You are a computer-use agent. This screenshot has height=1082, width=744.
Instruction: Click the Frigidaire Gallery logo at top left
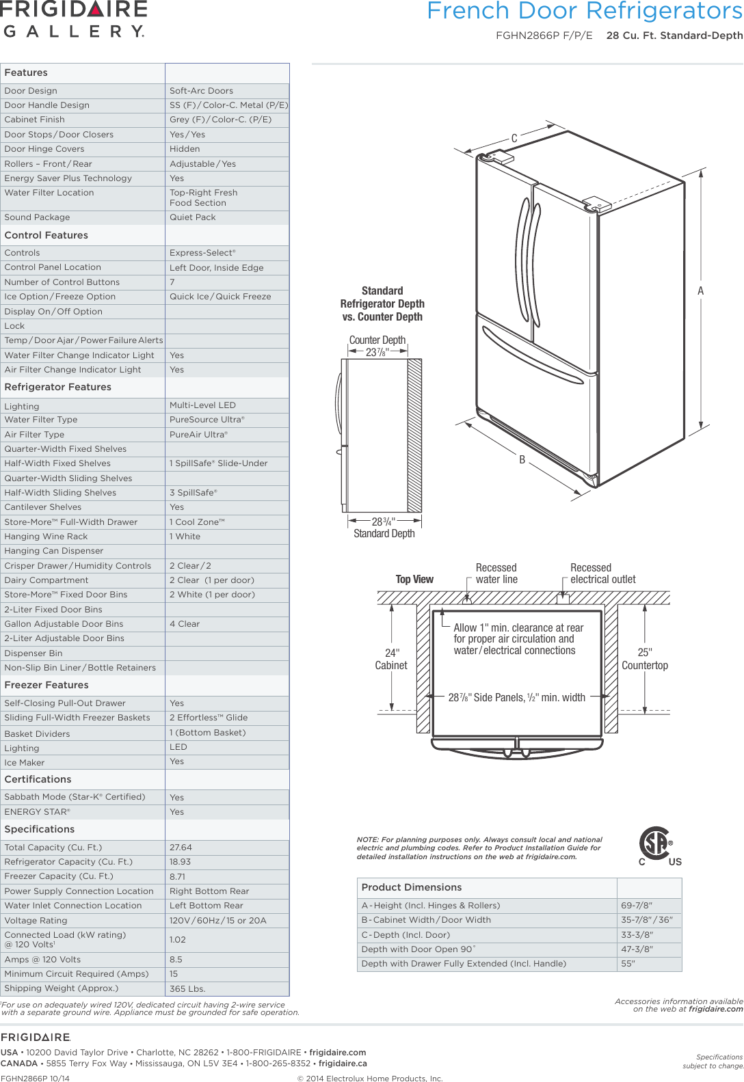74,19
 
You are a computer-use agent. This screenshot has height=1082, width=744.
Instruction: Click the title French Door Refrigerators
584,11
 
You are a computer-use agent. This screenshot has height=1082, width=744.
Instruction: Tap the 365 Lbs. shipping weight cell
187,988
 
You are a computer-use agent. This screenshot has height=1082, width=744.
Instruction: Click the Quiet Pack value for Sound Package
193,217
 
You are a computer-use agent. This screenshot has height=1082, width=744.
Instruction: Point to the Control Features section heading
46,235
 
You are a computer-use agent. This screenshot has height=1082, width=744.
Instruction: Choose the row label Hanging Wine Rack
46,537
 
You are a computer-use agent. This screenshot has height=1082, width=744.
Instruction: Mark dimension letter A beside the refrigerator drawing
700,291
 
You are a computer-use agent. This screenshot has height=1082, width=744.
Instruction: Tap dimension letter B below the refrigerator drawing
522,460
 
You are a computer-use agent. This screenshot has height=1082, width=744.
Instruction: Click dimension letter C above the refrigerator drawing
514,139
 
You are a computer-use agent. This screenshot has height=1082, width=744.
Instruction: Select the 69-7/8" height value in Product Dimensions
637,905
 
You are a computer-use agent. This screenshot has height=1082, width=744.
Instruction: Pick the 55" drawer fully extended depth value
628,964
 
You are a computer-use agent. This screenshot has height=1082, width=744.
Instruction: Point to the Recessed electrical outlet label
602,573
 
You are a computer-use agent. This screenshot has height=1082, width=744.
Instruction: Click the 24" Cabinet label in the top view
391,659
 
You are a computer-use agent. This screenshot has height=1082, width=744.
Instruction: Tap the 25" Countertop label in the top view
645,659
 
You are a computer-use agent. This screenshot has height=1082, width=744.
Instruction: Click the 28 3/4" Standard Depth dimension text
384,527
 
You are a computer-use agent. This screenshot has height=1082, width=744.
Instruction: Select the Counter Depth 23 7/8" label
377,346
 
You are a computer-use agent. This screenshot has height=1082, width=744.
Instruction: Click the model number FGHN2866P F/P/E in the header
544,36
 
